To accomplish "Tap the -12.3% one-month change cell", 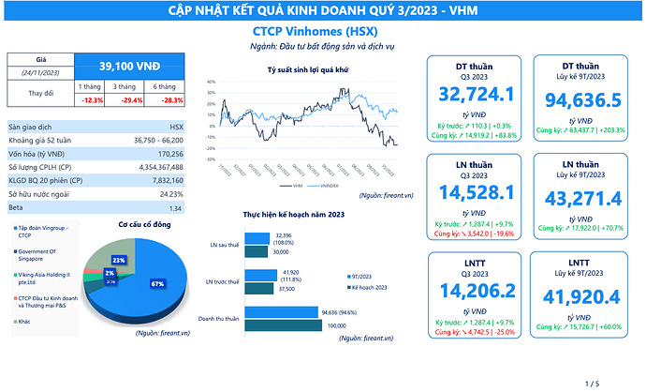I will pos(93,99).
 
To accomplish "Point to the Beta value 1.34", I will pos(175,207).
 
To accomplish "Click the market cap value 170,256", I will pos(170,153).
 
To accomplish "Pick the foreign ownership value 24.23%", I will pos(169,193).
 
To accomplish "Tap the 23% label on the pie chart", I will pos(119,259).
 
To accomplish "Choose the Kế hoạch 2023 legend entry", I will pos(367,286).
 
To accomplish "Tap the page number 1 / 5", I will pos(591,384).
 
